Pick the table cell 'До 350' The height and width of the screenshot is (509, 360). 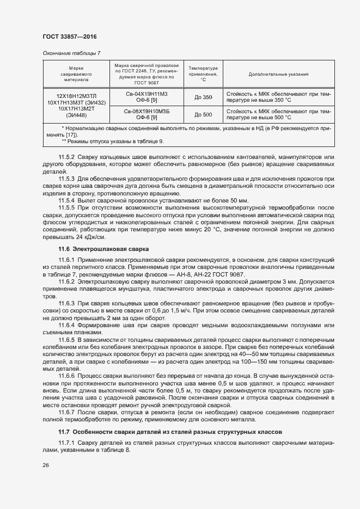[203, 97]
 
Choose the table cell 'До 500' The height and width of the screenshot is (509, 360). [203, 114]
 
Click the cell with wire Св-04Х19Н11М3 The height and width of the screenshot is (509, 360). [147, 94]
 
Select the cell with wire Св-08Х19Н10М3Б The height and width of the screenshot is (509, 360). [147, 111]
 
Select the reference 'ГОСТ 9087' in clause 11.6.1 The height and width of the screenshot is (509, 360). [229, 274]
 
